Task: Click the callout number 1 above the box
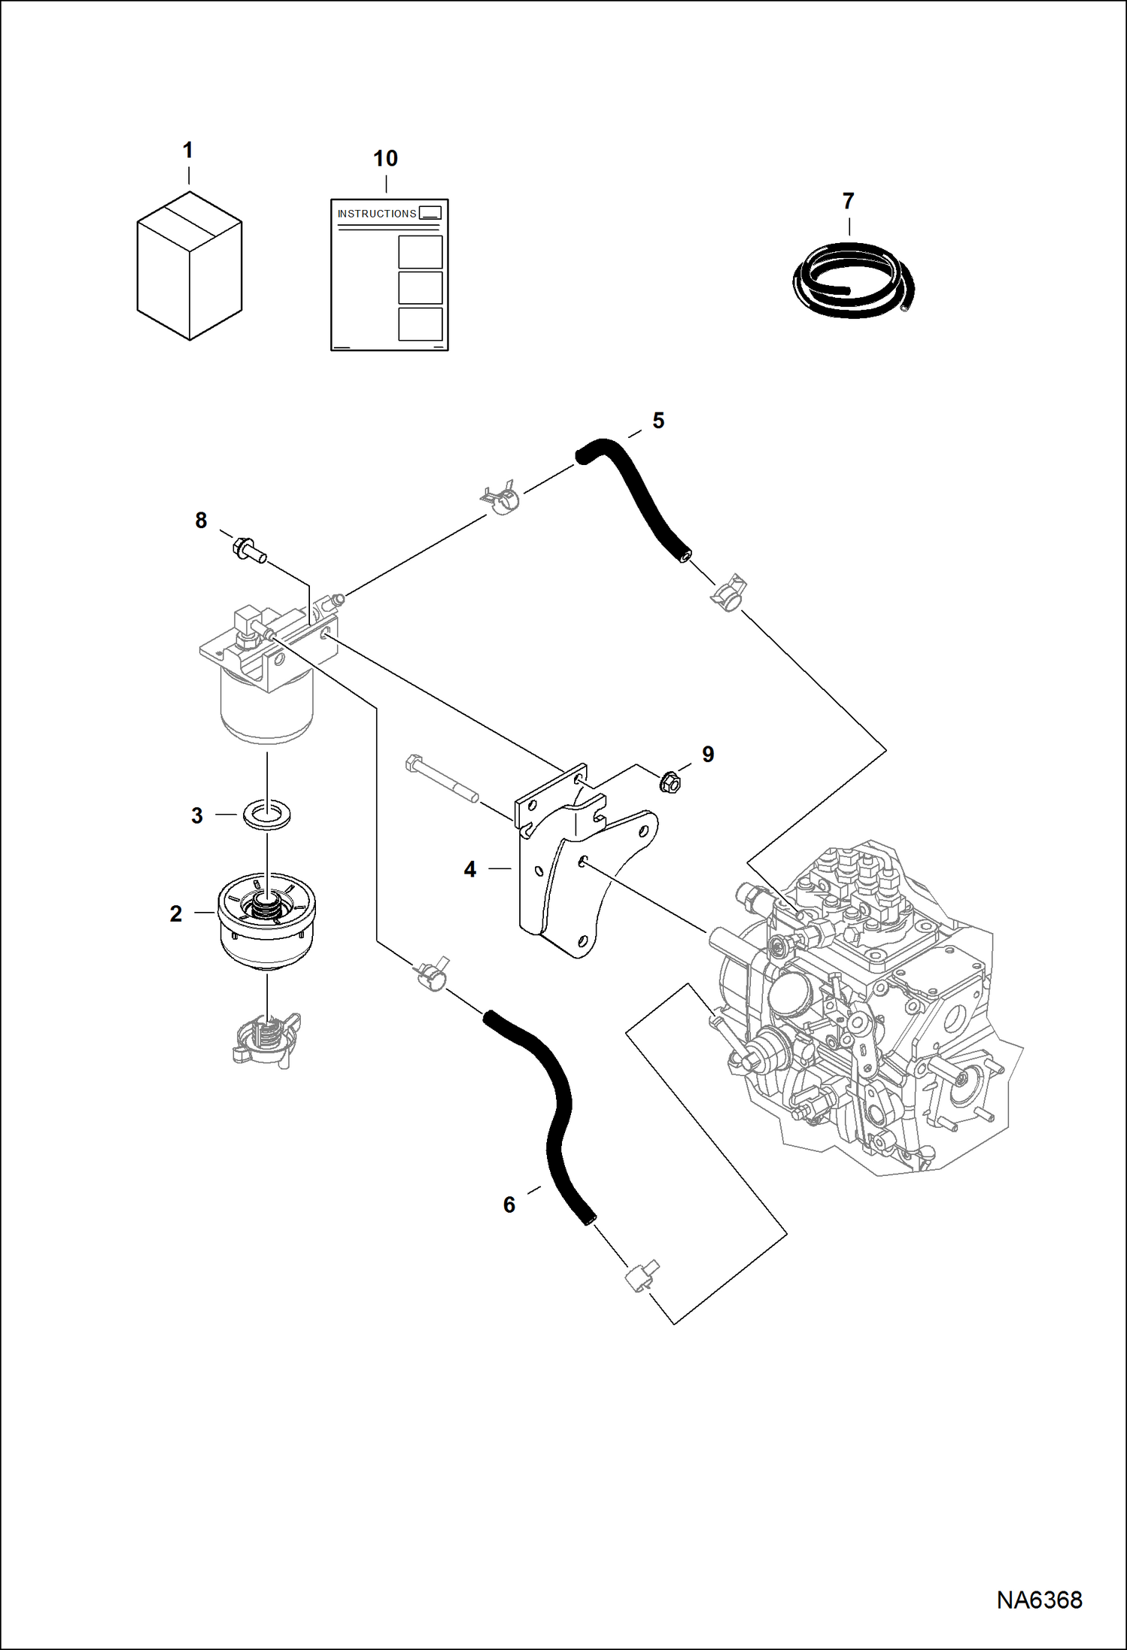[188, 150]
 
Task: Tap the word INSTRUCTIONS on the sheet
[376, 214]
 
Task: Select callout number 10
[385, 159]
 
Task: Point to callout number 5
[658, 421]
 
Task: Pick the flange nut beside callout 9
[670, 782]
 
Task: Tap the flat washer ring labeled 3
[267, 815]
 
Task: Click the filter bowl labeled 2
[267, 922]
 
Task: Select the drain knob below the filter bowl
[266, 1040]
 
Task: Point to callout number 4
[470, 870]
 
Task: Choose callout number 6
[509, 1205]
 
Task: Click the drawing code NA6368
[1039, 1600]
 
